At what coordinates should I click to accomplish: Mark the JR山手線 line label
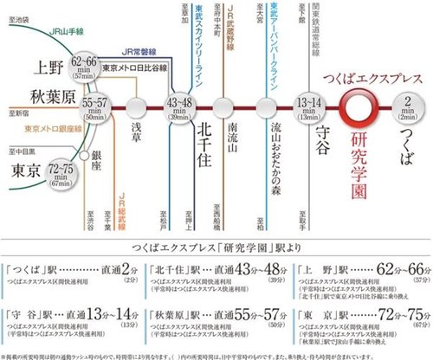click(x=60, y=35)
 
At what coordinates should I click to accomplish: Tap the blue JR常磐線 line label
click(x=139, y=51)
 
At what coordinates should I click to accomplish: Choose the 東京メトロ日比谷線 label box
click(x=134, y=67)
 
